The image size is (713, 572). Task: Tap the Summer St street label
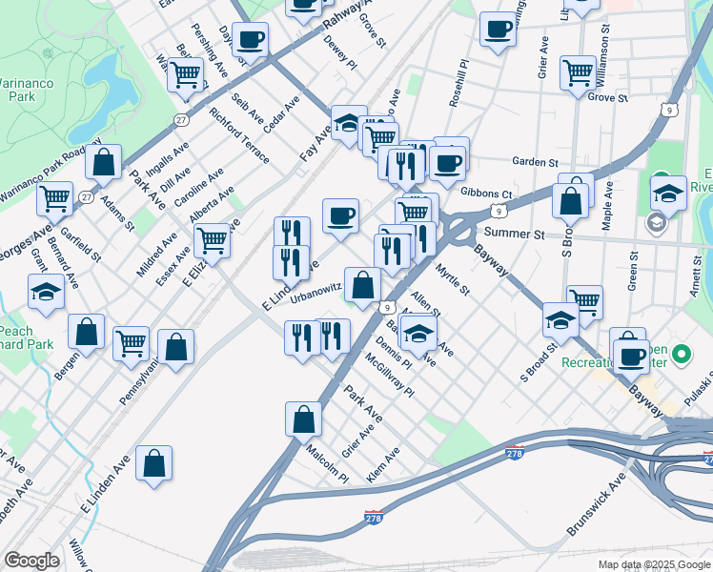pos(513,234)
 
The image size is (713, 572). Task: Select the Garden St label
pos(534,161)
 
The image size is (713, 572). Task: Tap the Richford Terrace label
pos(239,136)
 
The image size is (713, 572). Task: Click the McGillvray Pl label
pos(390,376)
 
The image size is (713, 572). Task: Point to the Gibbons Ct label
pos(486,193)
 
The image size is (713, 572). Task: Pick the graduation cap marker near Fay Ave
pos(348,121)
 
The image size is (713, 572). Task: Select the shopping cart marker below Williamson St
pos(578,71)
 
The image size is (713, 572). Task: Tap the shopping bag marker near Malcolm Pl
pos(303,418)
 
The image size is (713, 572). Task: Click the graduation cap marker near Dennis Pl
pos(417,333)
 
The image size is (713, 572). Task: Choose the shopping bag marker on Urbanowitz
pos(363,283)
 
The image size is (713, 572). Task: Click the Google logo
pos(31,561)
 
